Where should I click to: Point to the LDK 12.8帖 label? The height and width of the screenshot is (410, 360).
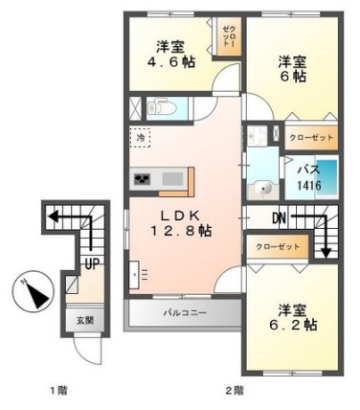pyautogui.click(x=181, y=221)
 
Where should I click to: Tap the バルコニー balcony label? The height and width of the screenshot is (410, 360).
pyautogui.click(x=183, y=312)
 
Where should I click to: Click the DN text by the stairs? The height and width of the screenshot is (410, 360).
pyautogui.click(x=279, y=219)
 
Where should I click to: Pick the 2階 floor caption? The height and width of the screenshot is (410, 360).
pyautogui.click(x=235, y=390)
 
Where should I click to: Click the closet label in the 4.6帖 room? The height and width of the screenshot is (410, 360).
pyautogui.click(x=229, y=40)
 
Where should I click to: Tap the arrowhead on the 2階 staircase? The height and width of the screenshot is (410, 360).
pyautogui.click(x=327, y=254)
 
